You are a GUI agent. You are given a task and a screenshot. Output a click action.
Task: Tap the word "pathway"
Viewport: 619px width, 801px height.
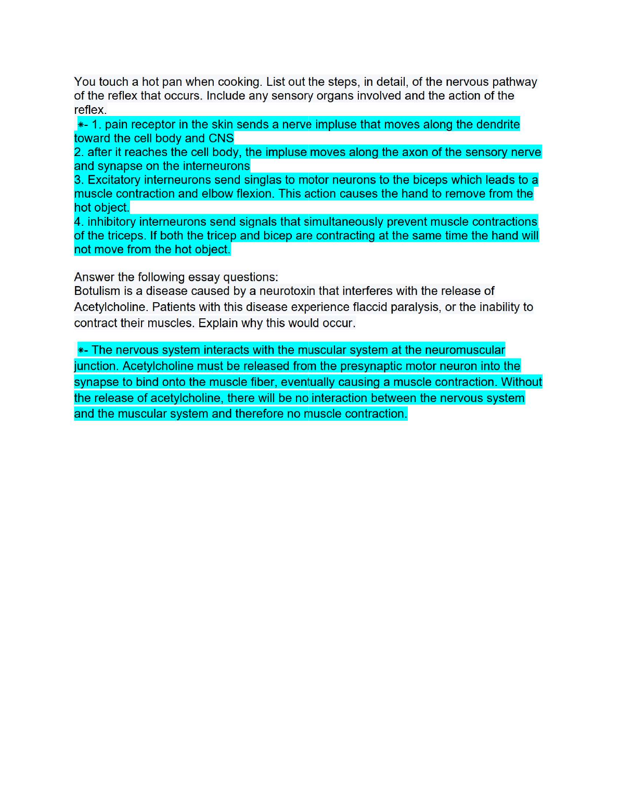click(514, 82)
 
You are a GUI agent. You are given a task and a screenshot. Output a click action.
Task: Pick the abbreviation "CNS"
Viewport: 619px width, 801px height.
click(221, 138)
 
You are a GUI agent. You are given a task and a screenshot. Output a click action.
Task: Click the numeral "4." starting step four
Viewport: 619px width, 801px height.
click(79, 222)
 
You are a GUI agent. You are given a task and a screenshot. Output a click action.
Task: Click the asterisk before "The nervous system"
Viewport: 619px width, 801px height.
click(81, 350)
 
